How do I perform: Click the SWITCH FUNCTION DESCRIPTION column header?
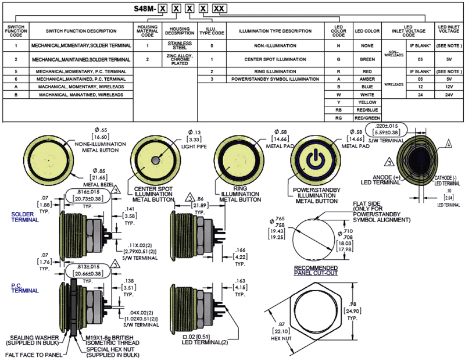[x=81, y=31]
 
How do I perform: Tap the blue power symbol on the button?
[x=313, y=158]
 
